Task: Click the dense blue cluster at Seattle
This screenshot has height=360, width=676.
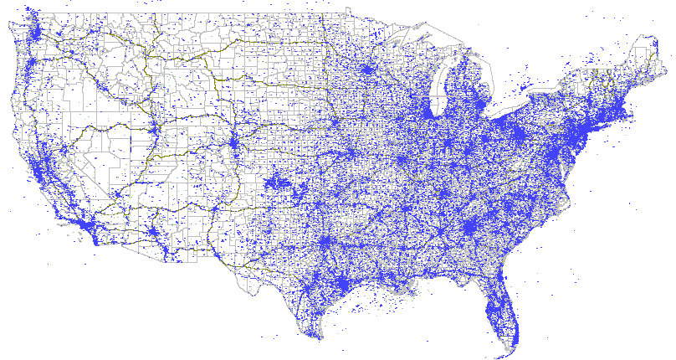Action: (37, 33)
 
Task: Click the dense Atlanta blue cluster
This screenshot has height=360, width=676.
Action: (469, 228)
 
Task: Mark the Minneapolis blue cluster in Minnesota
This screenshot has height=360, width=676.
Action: (366, 70)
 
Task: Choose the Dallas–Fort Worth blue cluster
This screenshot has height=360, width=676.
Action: (325, 244)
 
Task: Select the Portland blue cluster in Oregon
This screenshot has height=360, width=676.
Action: (31, 65)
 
